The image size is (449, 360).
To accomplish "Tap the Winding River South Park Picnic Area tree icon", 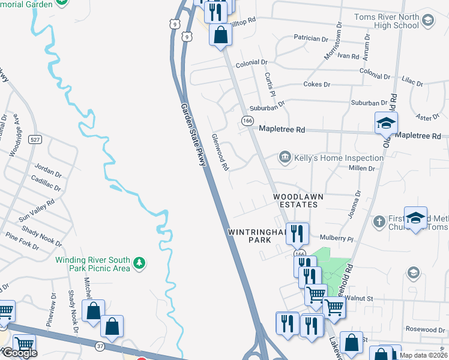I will [139, 262].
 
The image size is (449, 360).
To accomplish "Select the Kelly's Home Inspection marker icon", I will [285, 158].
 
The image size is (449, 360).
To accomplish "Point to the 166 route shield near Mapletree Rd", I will [247, 121].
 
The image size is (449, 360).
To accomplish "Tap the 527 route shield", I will [36, 140].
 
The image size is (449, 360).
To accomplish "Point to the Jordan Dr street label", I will [49, 170].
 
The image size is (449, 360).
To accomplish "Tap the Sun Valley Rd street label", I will [36, 208].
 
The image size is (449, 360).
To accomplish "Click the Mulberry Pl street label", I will [337, 238].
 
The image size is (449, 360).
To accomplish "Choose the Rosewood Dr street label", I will [424, 329].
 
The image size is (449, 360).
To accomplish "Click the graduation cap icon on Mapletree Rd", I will [387, 124].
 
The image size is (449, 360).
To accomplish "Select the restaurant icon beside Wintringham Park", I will [297, 233].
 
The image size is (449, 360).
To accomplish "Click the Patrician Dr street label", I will [311, 38].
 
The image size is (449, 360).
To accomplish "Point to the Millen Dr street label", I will [361, 169].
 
